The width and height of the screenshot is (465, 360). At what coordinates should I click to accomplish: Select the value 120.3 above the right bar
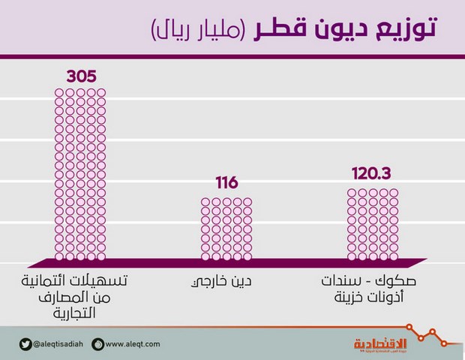coord(373,174)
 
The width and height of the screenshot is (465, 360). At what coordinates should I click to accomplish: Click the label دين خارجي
coord(226,283)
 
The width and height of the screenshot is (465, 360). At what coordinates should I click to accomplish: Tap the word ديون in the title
coord(335,31)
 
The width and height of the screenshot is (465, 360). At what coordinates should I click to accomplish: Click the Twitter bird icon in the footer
coord(24,344)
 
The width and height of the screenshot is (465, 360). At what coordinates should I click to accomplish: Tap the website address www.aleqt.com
coord(133,344)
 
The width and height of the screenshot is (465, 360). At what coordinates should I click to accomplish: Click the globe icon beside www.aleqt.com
coord(97,344)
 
